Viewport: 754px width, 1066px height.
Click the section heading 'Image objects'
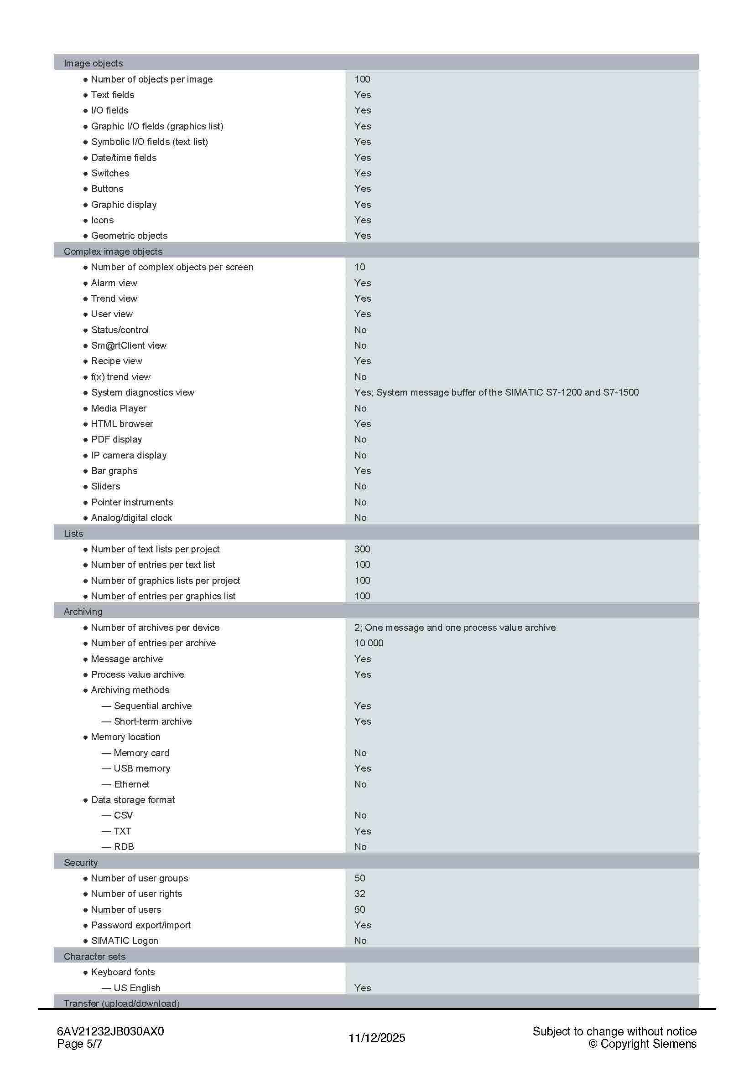point(93,63)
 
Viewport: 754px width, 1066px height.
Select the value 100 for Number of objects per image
point(362,79)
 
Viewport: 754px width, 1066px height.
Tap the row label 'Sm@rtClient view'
point(128,345)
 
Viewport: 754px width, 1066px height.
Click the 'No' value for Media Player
point(360,408)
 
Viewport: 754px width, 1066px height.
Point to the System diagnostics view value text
point(496,392)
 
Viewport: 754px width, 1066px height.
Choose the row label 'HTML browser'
point(122,424)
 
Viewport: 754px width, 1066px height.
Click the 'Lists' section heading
point(73,534)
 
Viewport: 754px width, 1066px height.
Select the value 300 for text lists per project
point(362,549)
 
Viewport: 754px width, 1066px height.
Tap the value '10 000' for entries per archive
point(369,643)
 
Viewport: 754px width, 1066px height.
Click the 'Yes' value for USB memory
point(362,768)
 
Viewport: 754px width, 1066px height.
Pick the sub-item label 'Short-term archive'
point(152,721)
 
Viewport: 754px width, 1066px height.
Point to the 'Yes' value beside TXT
point(362,831)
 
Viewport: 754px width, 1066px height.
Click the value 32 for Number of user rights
point(359,893)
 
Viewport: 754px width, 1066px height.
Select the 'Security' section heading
point(80,862)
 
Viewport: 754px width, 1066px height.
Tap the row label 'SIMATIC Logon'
point(125,940)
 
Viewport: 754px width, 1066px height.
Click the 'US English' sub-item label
point(136,988)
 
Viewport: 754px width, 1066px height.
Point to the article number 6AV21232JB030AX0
point(110,1031)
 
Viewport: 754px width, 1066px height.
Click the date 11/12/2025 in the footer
point(377,1038)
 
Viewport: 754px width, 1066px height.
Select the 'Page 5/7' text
point(79,1044)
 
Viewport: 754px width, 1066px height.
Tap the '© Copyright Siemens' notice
point(642,1044)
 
